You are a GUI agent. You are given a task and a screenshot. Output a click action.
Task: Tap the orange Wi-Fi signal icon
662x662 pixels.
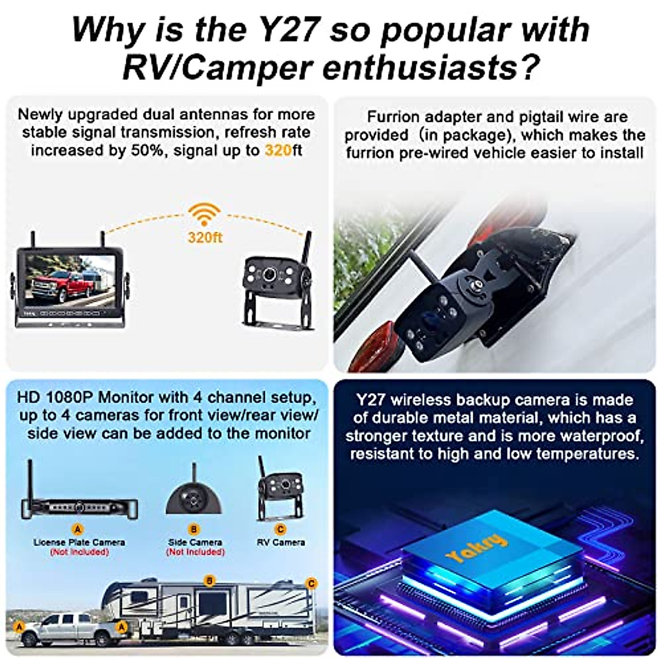click(205, 215)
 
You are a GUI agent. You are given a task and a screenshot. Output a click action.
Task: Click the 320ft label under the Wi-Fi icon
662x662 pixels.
click(205, 238)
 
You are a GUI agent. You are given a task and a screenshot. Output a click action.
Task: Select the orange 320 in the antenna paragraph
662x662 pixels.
click(277, 151)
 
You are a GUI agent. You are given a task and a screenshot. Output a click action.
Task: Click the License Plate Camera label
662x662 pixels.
click(79, 542)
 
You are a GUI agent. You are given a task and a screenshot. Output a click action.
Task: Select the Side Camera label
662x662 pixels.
click(195, 542)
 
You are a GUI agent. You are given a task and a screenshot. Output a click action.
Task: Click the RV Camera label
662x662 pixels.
click(280, 542)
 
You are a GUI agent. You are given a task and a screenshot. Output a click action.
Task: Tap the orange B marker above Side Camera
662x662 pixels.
click(194, 530)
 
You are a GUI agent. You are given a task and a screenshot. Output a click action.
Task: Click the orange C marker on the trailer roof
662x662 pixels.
click(311, 583)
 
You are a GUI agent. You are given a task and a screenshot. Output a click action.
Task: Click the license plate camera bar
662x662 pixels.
click(79, 507)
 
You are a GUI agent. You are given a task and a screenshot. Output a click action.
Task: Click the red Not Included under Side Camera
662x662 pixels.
click(195, 552)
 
